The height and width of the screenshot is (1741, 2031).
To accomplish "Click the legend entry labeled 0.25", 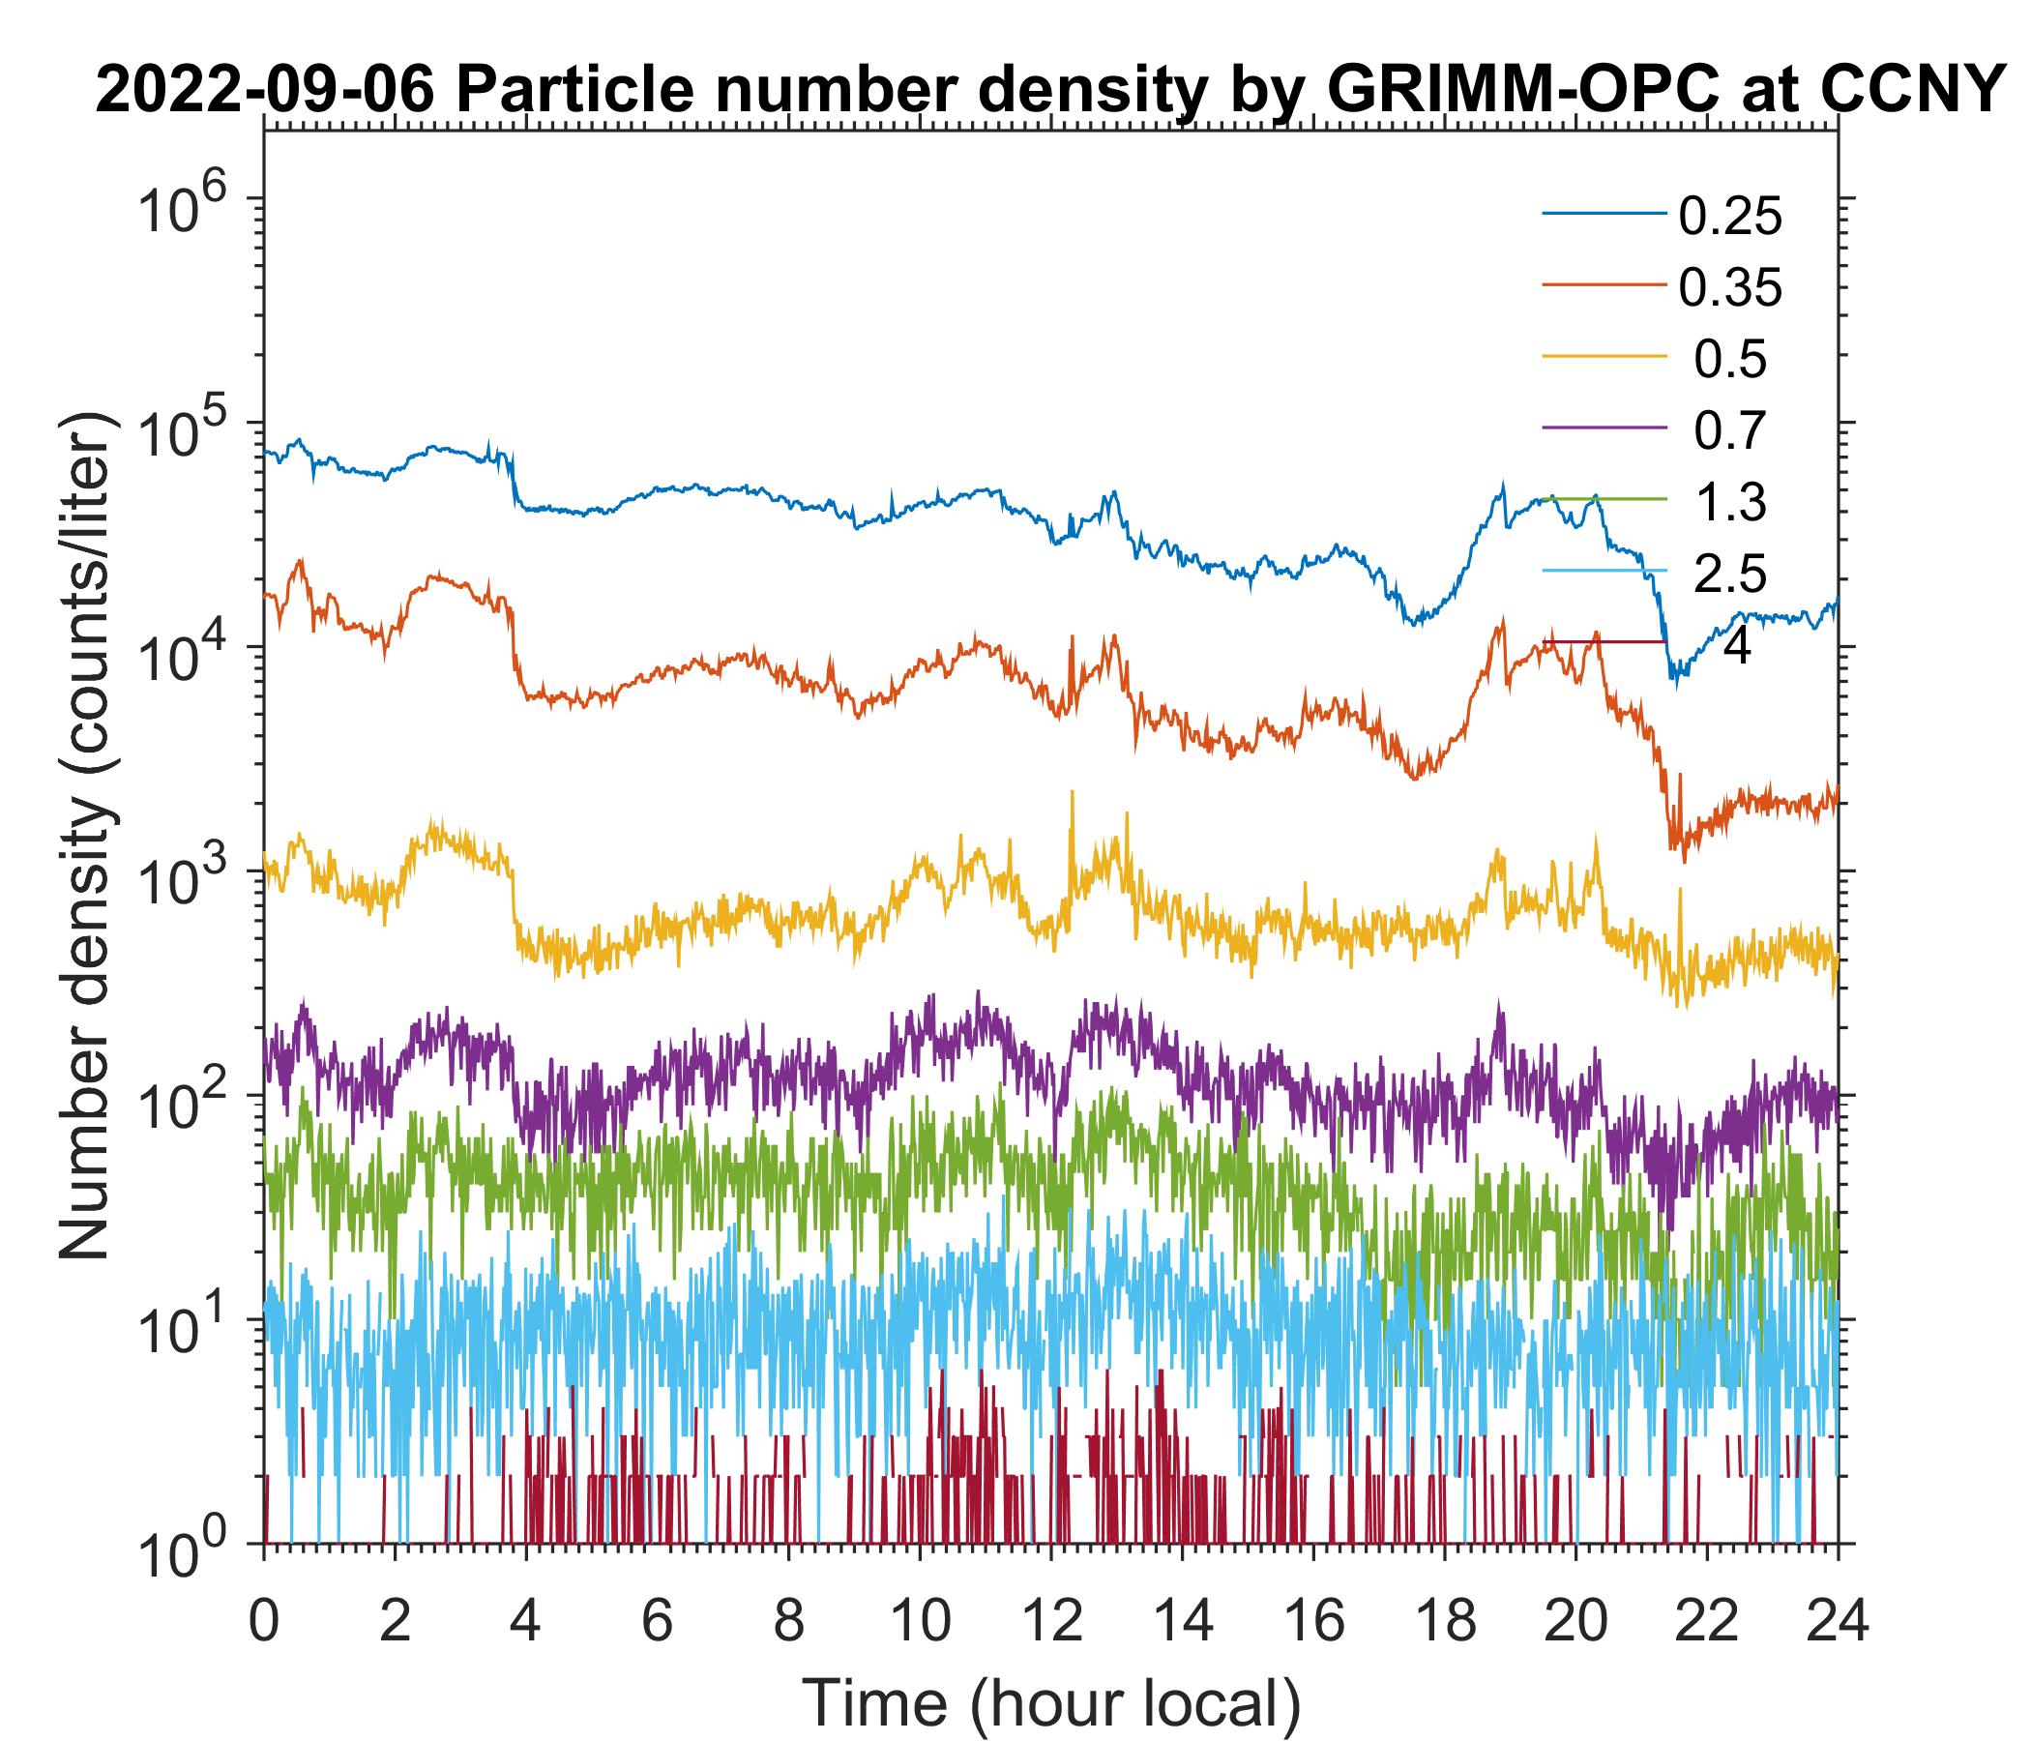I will click(1729, 217).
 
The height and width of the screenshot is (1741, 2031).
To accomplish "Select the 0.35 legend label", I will click(1729, 288).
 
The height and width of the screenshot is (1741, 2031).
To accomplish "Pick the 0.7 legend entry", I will click(1729, 431).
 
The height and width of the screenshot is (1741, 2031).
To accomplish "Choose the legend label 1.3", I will click(1729, 503).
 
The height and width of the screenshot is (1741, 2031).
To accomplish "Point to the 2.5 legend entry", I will click(1729, 575).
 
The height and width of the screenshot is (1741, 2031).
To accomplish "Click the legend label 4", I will click(1736, 647).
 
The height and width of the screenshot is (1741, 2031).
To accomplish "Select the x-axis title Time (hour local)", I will click(1050, 1703).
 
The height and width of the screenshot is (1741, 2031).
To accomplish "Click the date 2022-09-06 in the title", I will click(265, 93).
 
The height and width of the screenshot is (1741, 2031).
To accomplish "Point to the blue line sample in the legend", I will click(1604, 215).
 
